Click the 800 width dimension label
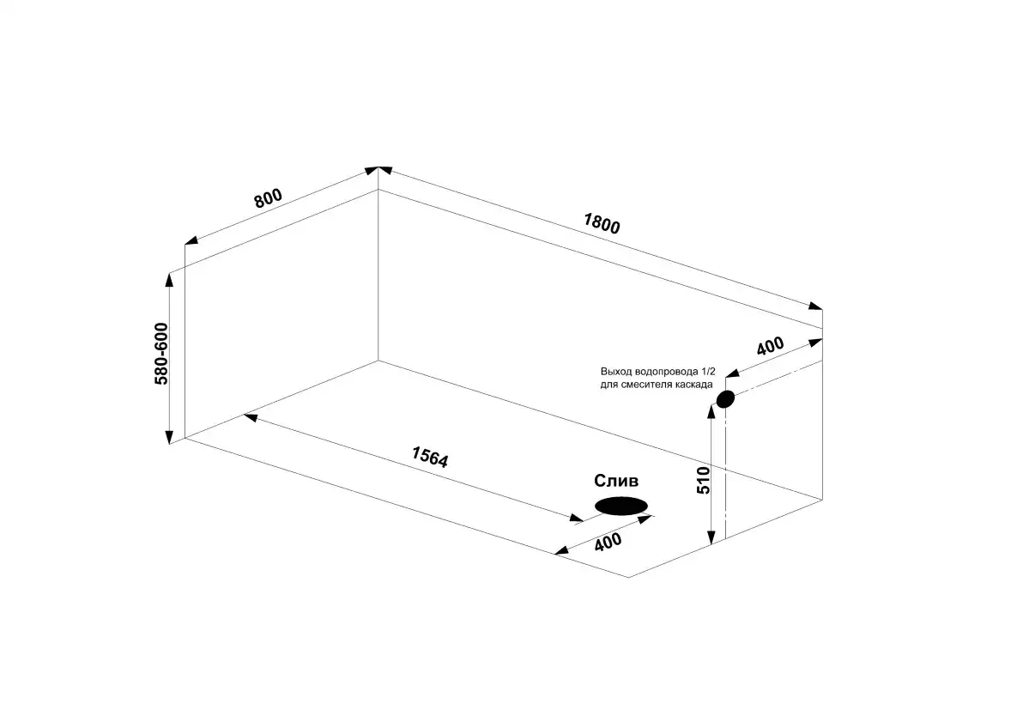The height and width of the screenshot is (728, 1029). (269, 197)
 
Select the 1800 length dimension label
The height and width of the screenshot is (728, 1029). (602, 223)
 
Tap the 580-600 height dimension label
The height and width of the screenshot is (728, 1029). (160, 353)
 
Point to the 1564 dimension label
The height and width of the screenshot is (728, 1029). (430, 456)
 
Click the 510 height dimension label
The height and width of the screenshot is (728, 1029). (703, 480)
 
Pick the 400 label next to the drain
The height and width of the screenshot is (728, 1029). (608, 542)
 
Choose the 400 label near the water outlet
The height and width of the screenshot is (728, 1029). (770, 345)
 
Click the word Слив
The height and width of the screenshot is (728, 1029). (616, 481)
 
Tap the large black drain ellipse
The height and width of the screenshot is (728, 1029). (621, 506)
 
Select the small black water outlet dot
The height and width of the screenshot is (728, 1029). (725, 398)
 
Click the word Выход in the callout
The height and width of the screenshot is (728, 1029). (615, 372)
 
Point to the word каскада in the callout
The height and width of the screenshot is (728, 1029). (695, 384)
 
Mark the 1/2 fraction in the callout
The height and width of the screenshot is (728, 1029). (708, 372)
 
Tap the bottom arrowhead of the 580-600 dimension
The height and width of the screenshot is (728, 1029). (169, 436)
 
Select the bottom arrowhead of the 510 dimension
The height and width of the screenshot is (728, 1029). (711, 537)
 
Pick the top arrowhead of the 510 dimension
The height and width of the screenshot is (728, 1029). (711, 412)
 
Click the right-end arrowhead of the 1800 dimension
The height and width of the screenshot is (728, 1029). (815, 306)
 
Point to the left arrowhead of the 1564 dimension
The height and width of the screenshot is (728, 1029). (251, 416)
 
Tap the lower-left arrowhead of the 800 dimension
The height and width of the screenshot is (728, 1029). (192, 240)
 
